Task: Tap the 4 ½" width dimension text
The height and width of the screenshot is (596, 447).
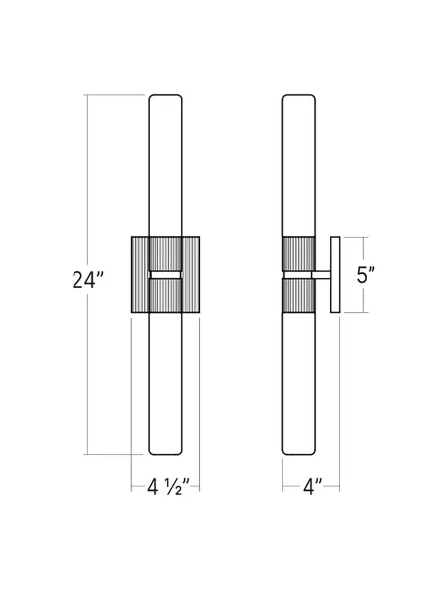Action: [x=167, y=488]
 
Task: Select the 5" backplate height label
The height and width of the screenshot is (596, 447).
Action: [x=366, y=275]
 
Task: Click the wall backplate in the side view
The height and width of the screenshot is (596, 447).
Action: [x=336, y=274]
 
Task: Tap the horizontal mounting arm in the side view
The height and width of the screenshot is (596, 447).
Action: [x=322, y=275]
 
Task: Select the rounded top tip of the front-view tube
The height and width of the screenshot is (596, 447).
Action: [x=167, y=98]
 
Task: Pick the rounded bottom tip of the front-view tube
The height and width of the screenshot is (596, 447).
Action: [x=167, y=451]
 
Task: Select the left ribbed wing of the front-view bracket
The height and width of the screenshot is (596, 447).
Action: [x=140, y=274]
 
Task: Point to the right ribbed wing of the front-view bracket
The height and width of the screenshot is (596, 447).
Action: [x=193, y=274]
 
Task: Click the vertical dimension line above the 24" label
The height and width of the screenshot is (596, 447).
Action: [x=89, y=179]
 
